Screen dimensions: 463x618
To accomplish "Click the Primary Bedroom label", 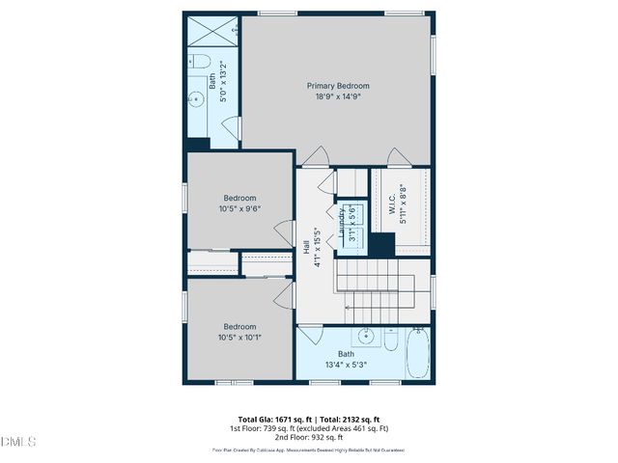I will [338, 86].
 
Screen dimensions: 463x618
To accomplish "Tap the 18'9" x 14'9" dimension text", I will [338, 96].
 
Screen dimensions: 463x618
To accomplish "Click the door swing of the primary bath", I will [231, 126].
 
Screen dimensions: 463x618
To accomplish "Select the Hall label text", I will [307, 249].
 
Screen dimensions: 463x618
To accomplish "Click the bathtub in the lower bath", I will [417, 354].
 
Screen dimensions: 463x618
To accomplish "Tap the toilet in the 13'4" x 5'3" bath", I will [390, 339].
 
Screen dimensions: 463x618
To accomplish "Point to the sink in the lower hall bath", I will [366, 337].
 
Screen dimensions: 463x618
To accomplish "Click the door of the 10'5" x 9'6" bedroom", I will [284, 232].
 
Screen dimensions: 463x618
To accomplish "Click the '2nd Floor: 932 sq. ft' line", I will [308, 436].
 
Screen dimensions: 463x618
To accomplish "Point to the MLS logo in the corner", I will [18, 442].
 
